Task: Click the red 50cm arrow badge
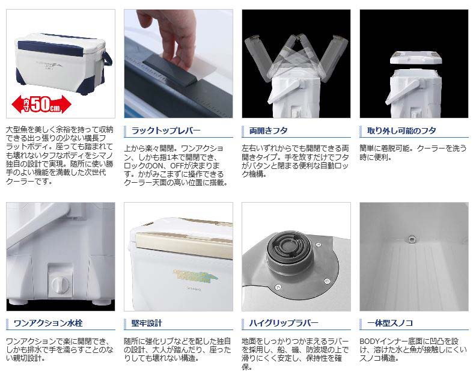click(x=41, y=104)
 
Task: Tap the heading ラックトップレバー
click(x=166, y=131)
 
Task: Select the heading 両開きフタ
click(x=269, y=131)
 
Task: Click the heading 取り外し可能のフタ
click(x=401, y=131)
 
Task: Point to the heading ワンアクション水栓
click(x=48, y=323)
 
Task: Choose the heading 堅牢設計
click(x=147, y=323)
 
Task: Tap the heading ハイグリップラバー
click(x=284, y=323)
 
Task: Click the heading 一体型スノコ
click(x=390, y=323)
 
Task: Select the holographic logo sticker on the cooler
click(x=196, y=276)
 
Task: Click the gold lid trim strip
click(x=182, y=238)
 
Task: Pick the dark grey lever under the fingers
click(x=170, y=72)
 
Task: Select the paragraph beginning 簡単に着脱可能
click(x=413, y=153)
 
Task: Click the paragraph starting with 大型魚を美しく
click(x=60, y=155)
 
